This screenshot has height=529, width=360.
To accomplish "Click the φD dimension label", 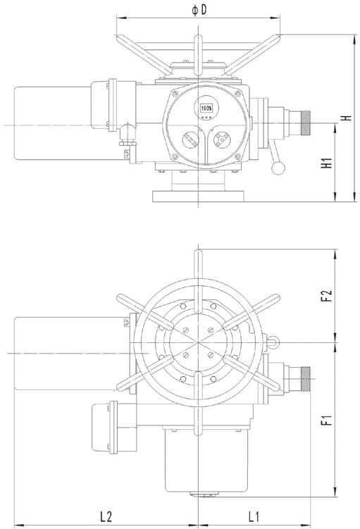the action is [199, 10].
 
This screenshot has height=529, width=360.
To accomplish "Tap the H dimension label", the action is [346, 118].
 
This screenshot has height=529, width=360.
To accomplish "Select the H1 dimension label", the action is [327, 163].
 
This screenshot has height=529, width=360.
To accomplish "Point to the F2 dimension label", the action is [327, 296].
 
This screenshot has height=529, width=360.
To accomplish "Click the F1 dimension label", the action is [327, 420].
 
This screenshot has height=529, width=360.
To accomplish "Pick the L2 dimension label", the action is [106, 516].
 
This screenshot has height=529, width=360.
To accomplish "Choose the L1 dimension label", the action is [254, 516].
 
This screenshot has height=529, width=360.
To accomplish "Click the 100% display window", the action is [206, 108].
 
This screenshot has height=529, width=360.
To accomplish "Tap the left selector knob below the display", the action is [191, 139].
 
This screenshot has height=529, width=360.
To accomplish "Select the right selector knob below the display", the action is [222, 139].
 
